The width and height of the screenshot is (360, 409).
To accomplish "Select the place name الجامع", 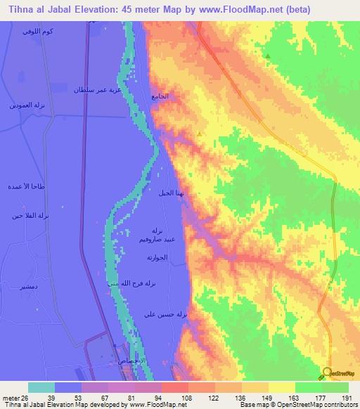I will pos(160,96).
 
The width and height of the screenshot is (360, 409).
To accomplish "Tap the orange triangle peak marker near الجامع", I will pos(200,132).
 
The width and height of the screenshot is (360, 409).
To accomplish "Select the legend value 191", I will pos(347,398).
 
